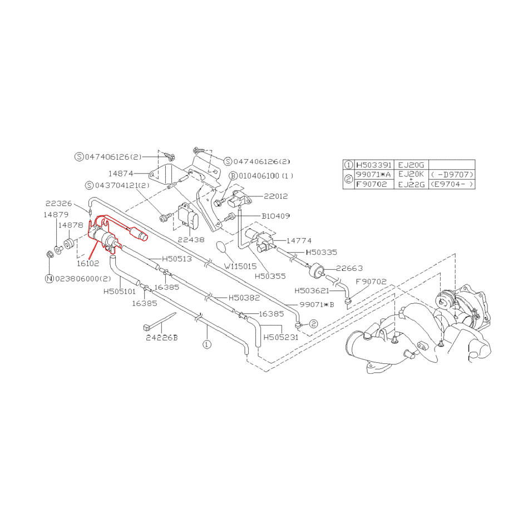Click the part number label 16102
tap(88, 263)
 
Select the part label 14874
tap(121, 174)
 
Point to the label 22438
tap(191, 239)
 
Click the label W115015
tap(240, 267)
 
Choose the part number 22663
tap(349, 268)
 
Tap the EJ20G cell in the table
tap(411, 165)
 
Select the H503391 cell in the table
tap(374, 165)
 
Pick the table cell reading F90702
tap(371, 184)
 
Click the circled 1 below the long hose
tap(207, 344)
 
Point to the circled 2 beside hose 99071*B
tap(313, 324)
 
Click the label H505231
tap(280, 337)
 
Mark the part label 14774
tap(299, 240)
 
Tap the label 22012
tap(276, 196)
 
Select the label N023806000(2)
tap(78, 279)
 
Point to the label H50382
tap(244, 298)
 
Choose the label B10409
tap(275, 216)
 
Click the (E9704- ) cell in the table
tap(452, 184)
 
